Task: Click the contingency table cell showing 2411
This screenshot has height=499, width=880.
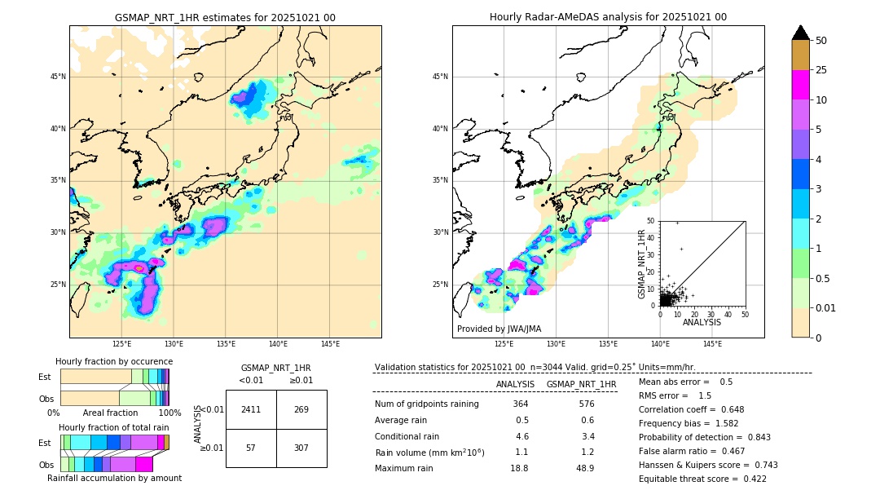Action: pyautogui.click(x=251, y=409)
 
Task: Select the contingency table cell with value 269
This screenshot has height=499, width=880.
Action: pyautogui.click(x=301, y=409)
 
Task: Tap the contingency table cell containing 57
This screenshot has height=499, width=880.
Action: pyautogui.click(x=251, y=448)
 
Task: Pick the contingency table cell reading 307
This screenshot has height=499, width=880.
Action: pyautogui.click(x=301, y=448)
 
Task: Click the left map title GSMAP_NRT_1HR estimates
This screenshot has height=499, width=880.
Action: pyautogui.click(x=225, y=17)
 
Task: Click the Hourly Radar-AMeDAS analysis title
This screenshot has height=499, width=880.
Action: pyautogui.click(x=608, y=17)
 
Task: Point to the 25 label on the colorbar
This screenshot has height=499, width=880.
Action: pyautogui.click(x=821, y=70)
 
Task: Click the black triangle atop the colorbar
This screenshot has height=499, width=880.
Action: pyautogui.click(x=801, y=33)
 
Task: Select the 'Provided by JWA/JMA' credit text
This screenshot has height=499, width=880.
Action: pyautogui.click(x=499, y=329)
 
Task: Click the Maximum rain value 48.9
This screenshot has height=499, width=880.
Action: pyautogui.click(x=584, y=468)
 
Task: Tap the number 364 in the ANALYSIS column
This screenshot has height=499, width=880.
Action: pyautogui.click(x=521, y=404)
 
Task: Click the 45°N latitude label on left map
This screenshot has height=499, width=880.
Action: pyautogui.click(x=58, y=77)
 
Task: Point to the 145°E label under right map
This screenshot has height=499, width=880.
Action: pyautogui.click(x=712, y=344)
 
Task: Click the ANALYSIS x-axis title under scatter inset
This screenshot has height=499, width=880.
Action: pyautogui.click(x=702, y=322)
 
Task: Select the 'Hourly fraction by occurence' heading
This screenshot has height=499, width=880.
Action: pyautogui.click(x=114, y=361)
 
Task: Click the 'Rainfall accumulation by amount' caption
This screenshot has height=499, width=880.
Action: pyautogui.click(x=114, y=478)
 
